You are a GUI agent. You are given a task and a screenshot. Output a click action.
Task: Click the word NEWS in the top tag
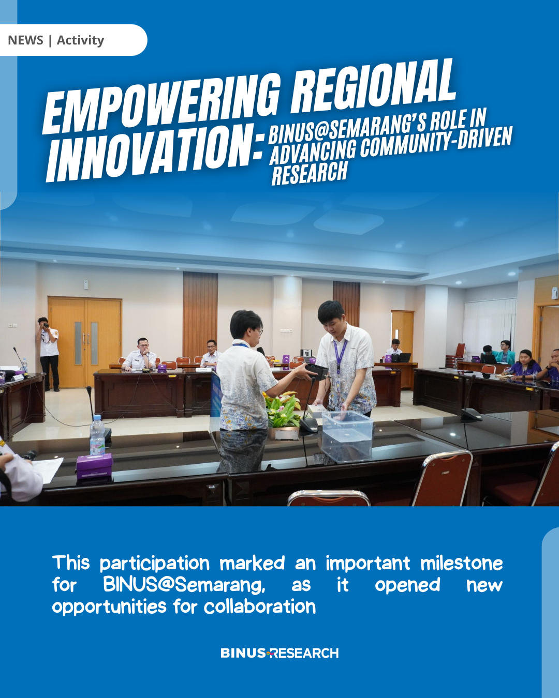[x=25, y=40]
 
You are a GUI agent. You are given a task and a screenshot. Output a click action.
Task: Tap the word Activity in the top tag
[x=80, y=40]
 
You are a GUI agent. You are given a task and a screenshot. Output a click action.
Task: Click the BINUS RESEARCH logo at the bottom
[x=279, y=653]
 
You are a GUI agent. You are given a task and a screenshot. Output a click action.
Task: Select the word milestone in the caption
[x=462, y=564]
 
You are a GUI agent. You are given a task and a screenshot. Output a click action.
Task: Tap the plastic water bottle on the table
[x=97, y=435]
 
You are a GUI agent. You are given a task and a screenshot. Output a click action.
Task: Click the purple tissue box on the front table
[x=94, y=465]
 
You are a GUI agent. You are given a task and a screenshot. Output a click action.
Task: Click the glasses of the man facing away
[x=259, y=330]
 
